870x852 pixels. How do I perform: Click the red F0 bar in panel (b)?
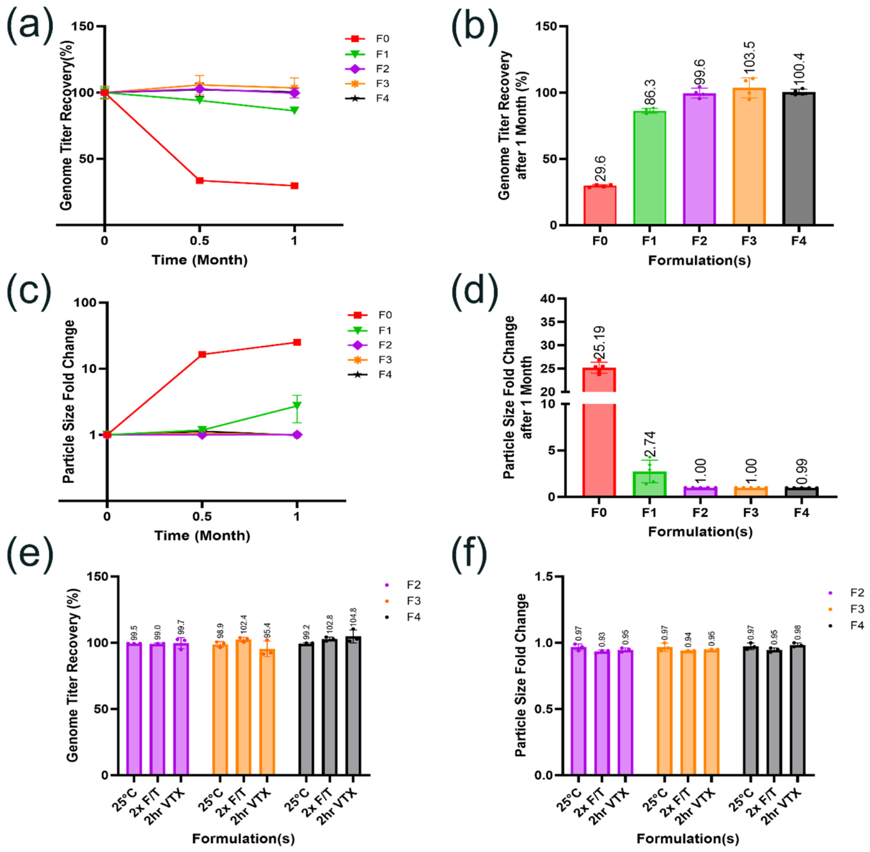click(x=599, y=205)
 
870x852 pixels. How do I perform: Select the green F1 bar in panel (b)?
click(x=649, y=168)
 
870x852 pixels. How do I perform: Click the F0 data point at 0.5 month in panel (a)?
click(x=200, y=180)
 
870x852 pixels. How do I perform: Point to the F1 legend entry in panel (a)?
click(x=367, y=54)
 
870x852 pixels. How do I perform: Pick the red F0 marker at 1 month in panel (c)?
click(x=297, y=342)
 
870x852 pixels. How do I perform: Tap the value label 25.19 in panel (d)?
click(x=601, y=343)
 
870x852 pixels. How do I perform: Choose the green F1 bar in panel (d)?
click(x=649, y=484)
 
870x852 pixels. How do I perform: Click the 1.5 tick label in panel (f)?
click(x=546, y=576)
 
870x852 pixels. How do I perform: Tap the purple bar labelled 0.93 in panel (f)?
click(x=602, y=713)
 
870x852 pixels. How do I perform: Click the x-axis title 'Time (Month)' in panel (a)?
click(x=200, y=260)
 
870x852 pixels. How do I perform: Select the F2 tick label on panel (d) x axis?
click(x=699, y=512)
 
